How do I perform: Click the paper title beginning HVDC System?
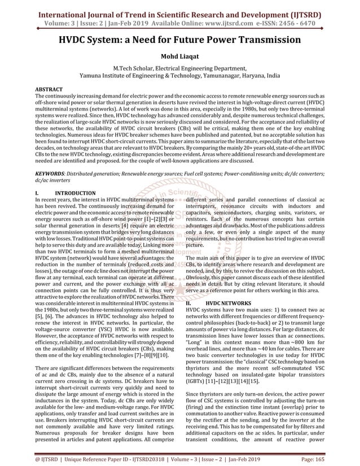click(x=179, y=40)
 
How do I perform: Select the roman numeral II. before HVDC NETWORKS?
click(x=189, y=303)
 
